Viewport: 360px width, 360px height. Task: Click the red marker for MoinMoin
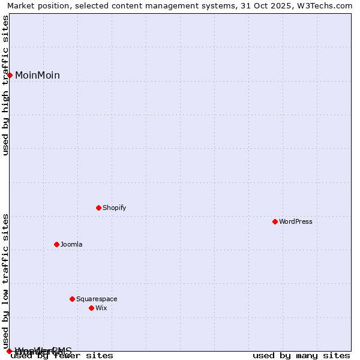[x=10, y=75]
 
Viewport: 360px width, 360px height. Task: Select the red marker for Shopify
[x=98, y=208]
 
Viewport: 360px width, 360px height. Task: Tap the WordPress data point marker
[x=275, y=221]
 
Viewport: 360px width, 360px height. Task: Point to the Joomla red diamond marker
[x=56, y=244]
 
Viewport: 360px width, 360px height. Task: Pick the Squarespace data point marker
[x=72, y=299]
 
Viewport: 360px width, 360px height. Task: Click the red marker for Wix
[x=91, y=308]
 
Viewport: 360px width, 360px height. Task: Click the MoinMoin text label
[x=37, y=75]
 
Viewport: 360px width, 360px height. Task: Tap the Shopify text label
[x=114, y=208]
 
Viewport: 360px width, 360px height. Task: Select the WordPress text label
[x=295, y=221]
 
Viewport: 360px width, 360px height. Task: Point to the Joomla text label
[x=71, y=244]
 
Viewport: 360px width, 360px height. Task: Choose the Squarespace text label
[x=97, y=299]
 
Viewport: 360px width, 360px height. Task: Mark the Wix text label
[x=101, y=308]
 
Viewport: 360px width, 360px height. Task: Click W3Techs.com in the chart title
[x=325, y=5]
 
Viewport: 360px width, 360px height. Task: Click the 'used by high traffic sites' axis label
[x=5, y=85]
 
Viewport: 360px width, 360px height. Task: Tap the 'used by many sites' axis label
[x=301, y=356]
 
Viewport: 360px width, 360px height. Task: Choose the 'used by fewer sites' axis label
[x=62, y=356]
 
